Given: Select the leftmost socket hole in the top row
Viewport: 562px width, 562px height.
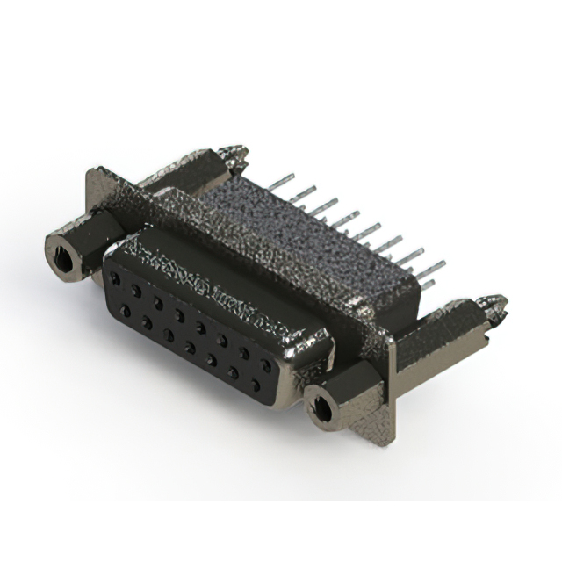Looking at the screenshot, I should coord(114,278).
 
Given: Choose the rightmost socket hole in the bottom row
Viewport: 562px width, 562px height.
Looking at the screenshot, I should coord(253,384).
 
